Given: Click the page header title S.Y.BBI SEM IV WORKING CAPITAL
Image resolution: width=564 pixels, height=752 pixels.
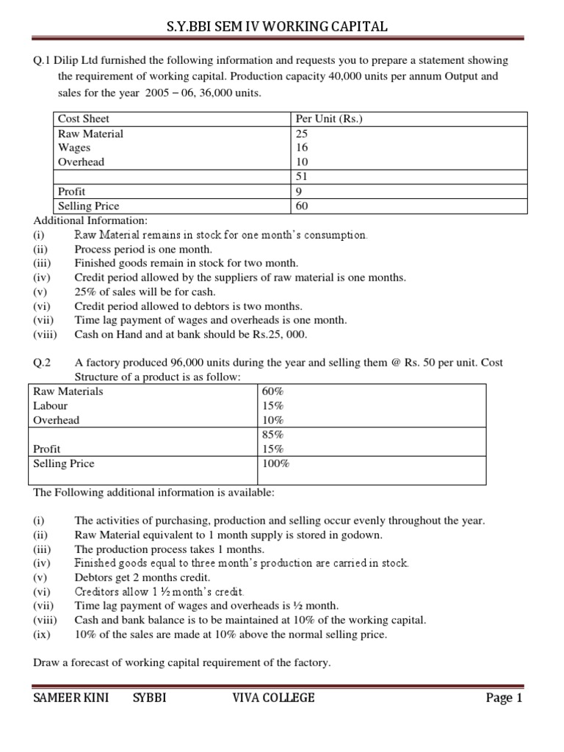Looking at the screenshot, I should (x=282, y=27).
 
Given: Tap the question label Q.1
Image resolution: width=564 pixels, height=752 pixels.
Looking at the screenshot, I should (x=43, y=60).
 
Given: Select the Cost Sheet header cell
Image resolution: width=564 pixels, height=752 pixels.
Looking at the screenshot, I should (x=83, y=119).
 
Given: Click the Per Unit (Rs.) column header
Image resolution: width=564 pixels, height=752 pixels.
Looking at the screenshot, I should (x=325, y=119).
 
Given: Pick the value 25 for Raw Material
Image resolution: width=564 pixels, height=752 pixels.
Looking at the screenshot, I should (x=302, y=134).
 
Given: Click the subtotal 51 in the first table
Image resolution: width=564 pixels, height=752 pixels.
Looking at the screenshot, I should (x=301, y=176).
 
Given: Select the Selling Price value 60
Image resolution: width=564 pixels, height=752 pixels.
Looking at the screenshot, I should (x=302, y=206).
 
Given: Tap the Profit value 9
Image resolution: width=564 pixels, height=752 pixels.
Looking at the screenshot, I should (x=299, y=192).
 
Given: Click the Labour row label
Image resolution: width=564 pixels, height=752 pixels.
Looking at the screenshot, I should (x=51, y=406).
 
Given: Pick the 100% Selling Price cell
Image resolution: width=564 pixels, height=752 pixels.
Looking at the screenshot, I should (x=276, y=463).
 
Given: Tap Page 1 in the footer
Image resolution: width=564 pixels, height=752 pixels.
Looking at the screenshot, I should (x=504, y=698).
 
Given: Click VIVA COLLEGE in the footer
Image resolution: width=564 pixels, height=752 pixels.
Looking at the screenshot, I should (x=272, y=698).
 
